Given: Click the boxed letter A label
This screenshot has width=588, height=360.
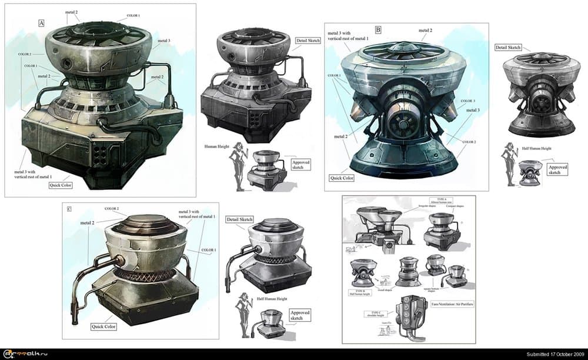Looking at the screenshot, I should [x=41, y=23].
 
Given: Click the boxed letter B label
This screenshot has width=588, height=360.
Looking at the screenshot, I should [x=378, y=29].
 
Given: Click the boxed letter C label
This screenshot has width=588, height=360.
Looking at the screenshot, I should [x=70, y=209].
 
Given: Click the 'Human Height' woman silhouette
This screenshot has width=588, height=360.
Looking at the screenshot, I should [x=240, y=166].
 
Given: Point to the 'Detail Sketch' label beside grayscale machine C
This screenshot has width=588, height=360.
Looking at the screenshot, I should [x=239, y=219].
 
